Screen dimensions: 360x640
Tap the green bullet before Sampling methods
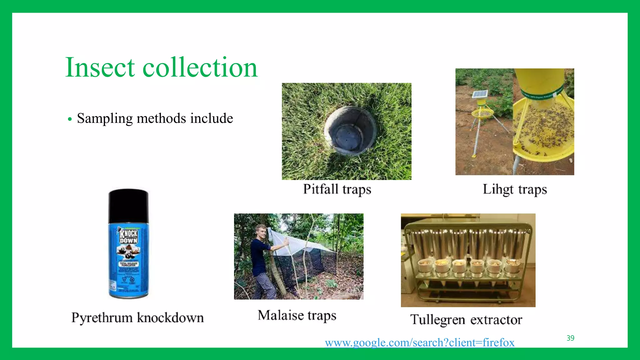pyautogui.click(x=70, y=119)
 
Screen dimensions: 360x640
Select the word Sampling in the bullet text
pyautogui.click(x=105, y=119)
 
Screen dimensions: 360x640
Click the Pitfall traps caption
pyautogui.click(x=337, y=189)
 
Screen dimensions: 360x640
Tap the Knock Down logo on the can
pyautogui.click(x=128, y=236)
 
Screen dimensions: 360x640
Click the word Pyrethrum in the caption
pyautogui.click(x=102, y=318)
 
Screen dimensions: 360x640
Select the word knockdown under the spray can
pyautogui.click(x=170, y=318)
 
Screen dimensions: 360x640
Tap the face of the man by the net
pyautogui.click(x=261, y=232)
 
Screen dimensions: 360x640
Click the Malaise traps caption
pyautogui.click(x=297, y=315)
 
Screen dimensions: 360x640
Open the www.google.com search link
pyautogui.click(x=419, y=342)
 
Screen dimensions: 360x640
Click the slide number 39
pyautogui.click(x=570, y=338)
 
